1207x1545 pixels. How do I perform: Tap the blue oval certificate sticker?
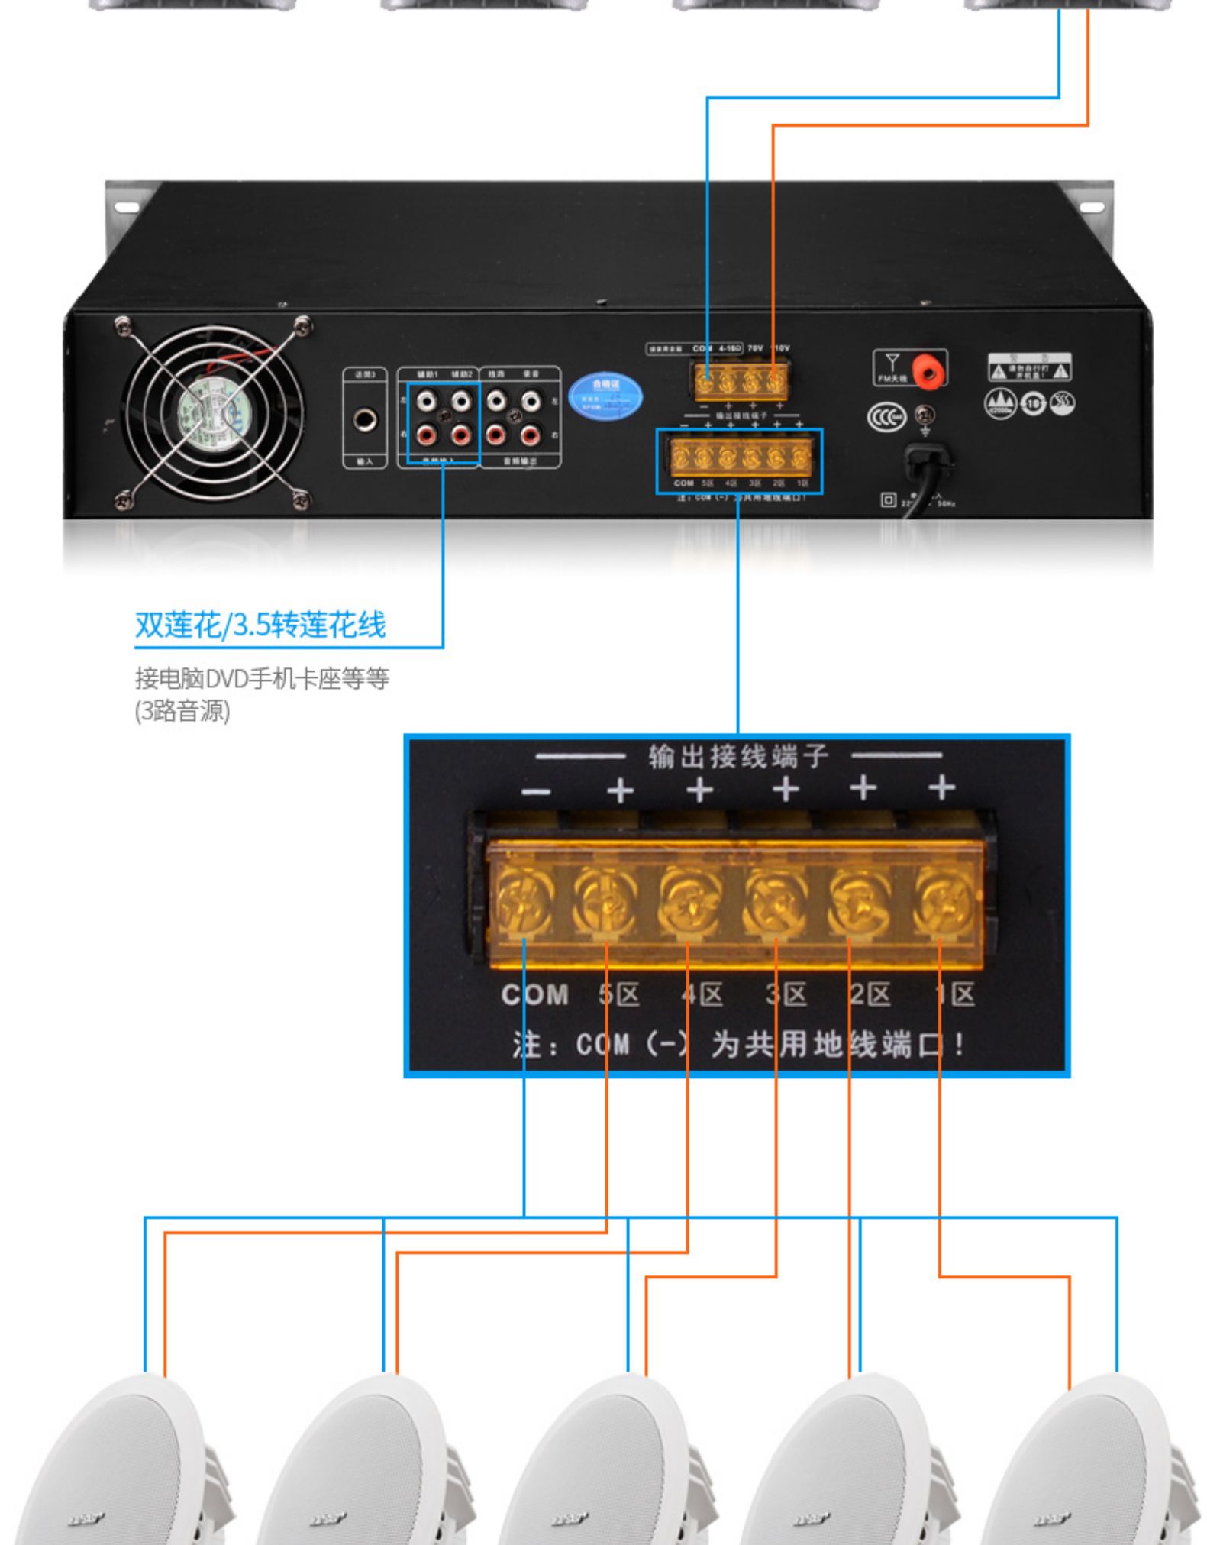click(x=605, y=395)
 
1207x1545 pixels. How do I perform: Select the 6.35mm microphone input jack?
click(x=365, y=419)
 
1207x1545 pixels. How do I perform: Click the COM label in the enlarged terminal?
click(x=534, y=994)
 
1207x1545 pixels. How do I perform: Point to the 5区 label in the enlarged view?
click(x=618, y=994)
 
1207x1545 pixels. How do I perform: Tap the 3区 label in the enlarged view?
click(x=786, y=994)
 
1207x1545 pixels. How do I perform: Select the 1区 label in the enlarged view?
click(x=956, y=994)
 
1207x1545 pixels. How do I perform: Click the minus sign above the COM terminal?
click(x=536, y=791)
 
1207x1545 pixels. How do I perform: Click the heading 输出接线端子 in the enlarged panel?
click(x=738, y=756)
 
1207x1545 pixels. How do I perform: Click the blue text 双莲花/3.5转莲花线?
click(x=260, y=625)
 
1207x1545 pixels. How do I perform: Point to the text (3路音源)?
click(x=182, y=711)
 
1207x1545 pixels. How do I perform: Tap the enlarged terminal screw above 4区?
click(x=689, y=903)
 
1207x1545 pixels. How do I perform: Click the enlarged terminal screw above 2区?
click(x=859, y=903)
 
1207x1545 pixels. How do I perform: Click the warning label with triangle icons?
click(x=1029, y=368)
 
